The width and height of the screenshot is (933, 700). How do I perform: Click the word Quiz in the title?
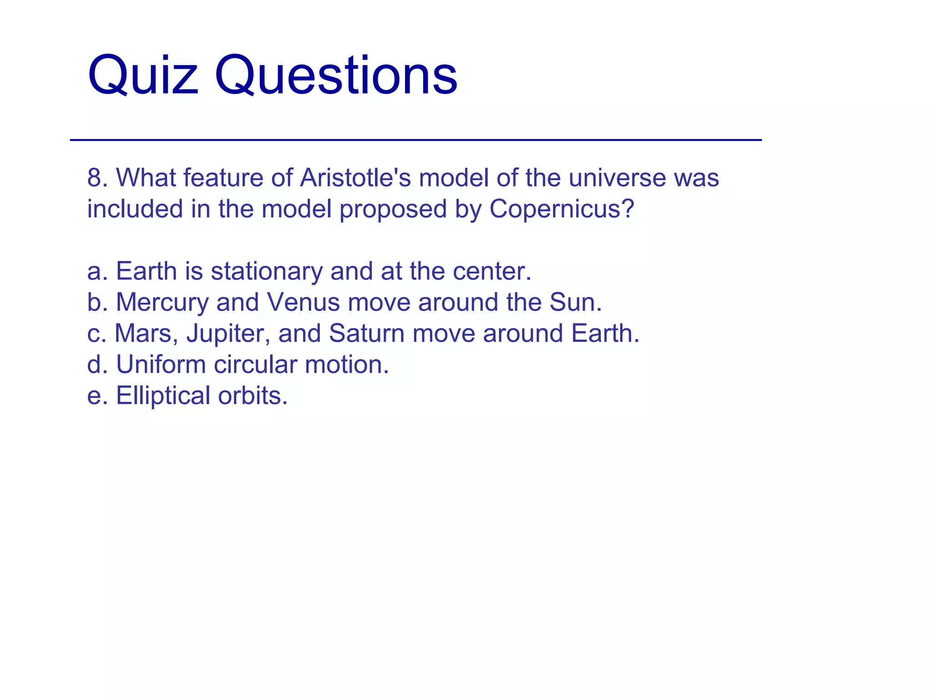coord(143,75)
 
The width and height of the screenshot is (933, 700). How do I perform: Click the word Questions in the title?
coord(336,75)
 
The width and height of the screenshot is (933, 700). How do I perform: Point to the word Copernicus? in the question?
coord(562,209)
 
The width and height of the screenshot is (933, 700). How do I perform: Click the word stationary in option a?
coord(267,272)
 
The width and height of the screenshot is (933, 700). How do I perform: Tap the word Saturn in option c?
coord(366,334)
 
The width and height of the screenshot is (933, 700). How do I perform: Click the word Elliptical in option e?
coord(163,396)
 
